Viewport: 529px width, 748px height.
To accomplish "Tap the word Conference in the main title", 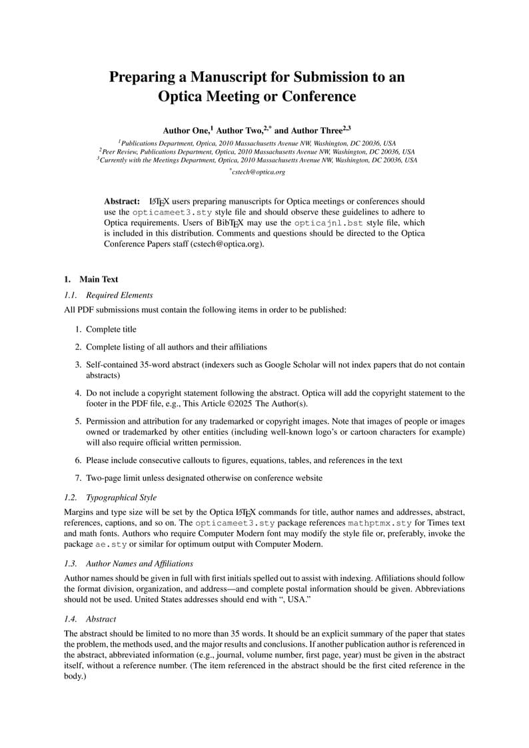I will pyautogui.click(x=318, y=97).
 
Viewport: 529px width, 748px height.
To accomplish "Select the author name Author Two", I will pyautogui.click(x=239, y=131).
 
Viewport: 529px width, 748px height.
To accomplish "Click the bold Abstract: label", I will pyautogui.click(x=122, y=201).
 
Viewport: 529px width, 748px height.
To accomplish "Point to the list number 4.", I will pyautogui.click(x=78, y=393).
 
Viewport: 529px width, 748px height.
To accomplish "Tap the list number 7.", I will pyautogui.click(x=78, y=478).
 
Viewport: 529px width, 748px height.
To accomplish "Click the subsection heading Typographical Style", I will pyautogui.click(x=121, y=498).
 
